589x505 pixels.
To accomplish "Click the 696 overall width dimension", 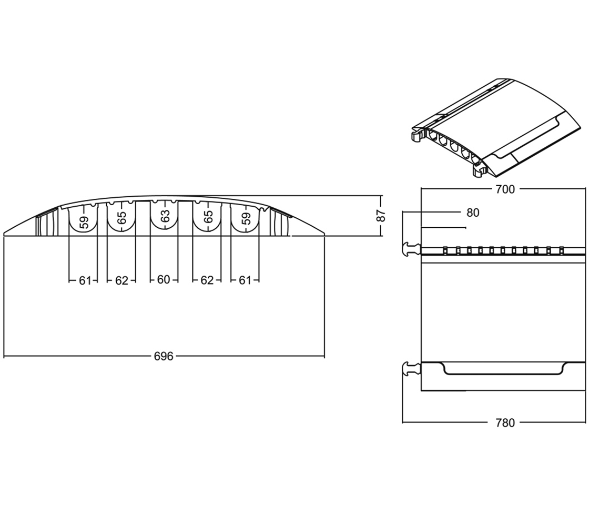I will click(x=164, y=356).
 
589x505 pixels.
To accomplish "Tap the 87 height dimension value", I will click(x=382, y=215).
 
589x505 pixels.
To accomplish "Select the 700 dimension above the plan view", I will click(x=505, y=189).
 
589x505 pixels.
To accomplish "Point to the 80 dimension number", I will click(x=473, y=213).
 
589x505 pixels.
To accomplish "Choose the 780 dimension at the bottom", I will click(x=505, y=422).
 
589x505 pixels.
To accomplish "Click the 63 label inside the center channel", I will click(x=165, y=216).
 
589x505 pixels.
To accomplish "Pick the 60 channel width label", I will click(x=164, y=280).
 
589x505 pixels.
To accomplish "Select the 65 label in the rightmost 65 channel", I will click(x=208, y=217).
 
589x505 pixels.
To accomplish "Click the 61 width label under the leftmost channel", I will click(x=85, y=280).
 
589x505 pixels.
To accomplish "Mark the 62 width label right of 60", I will click(x=207, y=280).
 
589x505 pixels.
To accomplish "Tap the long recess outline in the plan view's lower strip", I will click(x=505, y=372).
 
